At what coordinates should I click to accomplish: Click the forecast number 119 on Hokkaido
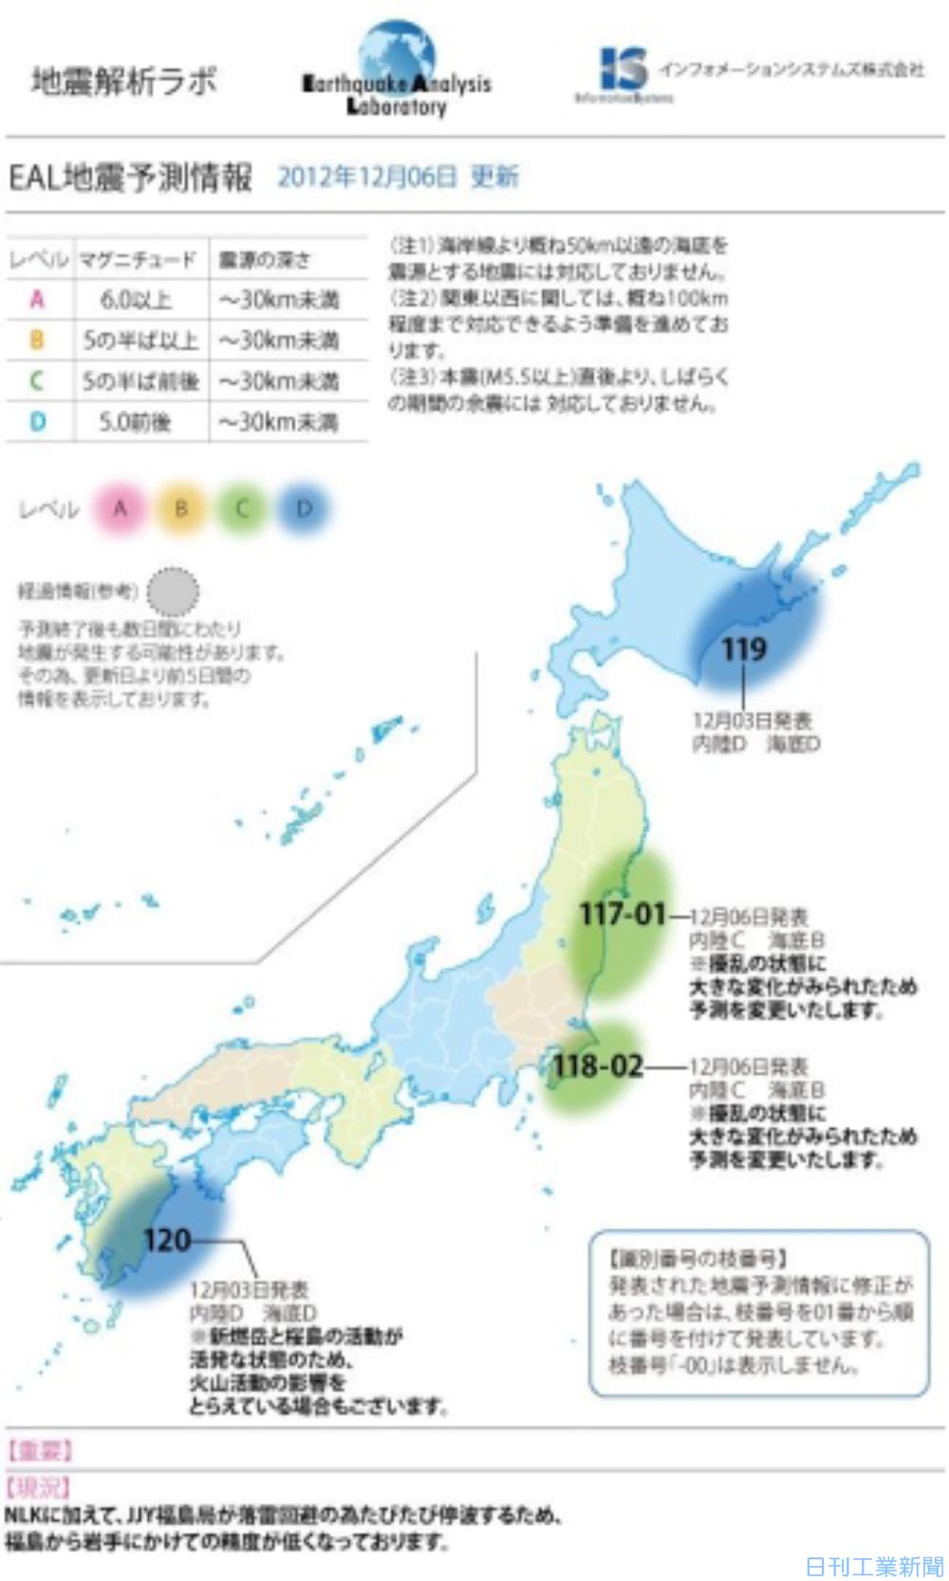pos(743,649)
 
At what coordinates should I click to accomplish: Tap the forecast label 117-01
pos(623,915)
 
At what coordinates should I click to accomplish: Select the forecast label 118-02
pos(598,1066)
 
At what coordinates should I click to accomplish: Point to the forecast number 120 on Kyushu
pos(167,1239)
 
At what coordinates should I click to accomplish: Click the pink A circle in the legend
pos(121,509)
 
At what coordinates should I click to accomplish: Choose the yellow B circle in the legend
pos(181,509)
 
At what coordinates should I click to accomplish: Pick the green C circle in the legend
pos(242,509)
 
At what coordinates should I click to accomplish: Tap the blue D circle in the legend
pos(304,509)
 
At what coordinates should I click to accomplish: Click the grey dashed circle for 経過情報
pos(174,592)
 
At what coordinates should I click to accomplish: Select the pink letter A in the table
pos(37,300)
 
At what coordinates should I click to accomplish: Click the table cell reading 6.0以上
pos(137,300)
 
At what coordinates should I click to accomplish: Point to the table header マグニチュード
pos(138,259)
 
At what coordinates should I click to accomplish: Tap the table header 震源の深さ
pos(265,259)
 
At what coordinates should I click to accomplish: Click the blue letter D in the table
pos(37,421)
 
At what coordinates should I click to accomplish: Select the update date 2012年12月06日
pos(367,177)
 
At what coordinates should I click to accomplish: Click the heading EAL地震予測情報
pos(131,177)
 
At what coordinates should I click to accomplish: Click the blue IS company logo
pos(623,68)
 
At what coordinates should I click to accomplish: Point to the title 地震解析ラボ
pos(123,81)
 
